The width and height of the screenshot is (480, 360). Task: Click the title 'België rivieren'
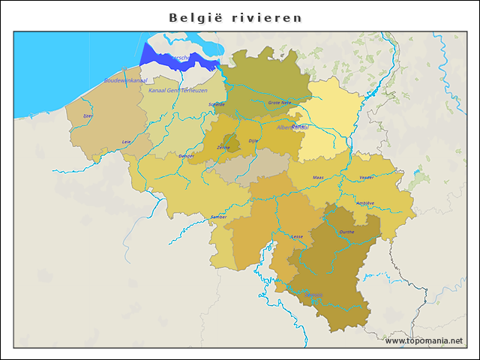tap(235, 17)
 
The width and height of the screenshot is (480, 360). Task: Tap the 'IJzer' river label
tap(88, 116)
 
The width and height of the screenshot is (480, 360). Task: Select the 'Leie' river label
tap(127, 141)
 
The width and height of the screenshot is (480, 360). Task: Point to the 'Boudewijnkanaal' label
tap(125, 80)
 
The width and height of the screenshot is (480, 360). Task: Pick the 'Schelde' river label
tap(216, 105)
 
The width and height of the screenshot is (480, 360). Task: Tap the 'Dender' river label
tap(187, 156)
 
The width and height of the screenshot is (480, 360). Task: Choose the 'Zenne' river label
tap(223, 148)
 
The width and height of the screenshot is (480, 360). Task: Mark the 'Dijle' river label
tap(253, 140)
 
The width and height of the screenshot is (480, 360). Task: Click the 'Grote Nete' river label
tap(279, 103)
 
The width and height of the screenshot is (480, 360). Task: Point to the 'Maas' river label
tap(318, 178)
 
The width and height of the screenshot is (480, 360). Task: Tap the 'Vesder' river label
tap(367, 178)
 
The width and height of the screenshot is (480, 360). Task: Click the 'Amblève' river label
tap(365, 203)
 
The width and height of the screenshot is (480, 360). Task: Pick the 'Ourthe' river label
tap(346, 232)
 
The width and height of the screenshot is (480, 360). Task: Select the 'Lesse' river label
tap(298, 236)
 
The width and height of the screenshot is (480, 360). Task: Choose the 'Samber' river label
tap(218, 217)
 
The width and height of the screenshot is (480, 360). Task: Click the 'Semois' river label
tap(315, 294)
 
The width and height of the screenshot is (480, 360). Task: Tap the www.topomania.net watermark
tap(424, 340)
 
